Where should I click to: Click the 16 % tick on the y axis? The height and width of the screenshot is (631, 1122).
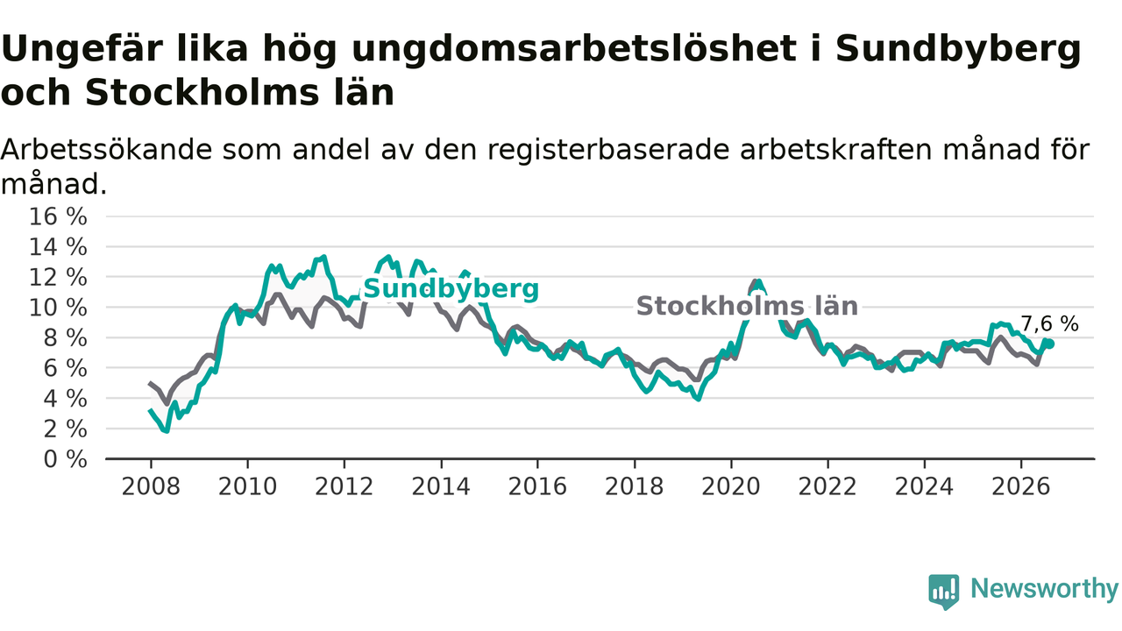pos(58,216)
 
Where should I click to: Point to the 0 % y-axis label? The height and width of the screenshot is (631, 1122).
pos(65,459)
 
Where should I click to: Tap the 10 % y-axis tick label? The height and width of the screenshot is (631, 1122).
pos(58,308)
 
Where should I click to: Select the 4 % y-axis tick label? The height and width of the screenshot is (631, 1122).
pos(65,399)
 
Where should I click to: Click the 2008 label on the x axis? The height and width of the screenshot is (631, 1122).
pos(151,486)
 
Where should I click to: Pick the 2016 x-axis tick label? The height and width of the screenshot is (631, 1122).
pos(537,486)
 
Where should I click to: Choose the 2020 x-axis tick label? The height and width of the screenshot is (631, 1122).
pos(731,486)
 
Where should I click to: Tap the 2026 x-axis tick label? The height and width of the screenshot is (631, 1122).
pos(1021,486)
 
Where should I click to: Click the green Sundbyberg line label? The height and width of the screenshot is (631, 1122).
pos(451,289)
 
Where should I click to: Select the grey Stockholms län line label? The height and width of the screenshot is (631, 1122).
pos(747,306)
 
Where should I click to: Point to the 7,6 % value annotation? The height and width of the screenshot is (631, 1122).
pos(1049,324)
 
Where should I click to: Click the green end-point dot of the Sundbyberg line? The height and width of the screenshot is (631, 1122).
pos(1050,344)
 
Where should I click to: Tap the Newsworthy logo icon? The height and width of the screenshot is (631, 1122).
pos(944,592)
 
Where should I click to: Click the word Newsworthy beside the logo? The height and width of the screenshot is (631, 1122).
pos(1044,588)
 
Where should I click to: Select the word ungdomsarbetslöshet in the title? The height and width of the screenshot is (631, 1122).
pos(574,50)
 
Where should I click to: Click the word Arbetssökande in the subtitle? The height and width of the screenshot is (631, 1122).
pos(106,150)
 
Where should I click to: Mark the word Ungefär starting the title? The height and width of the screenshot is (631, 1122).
pos(124,50)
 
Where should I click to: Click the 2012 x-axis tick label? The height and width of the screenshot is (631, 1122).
pos(344,486)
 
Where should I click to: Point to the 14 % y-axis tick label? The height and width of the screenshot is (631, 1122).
pos(58,247)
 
